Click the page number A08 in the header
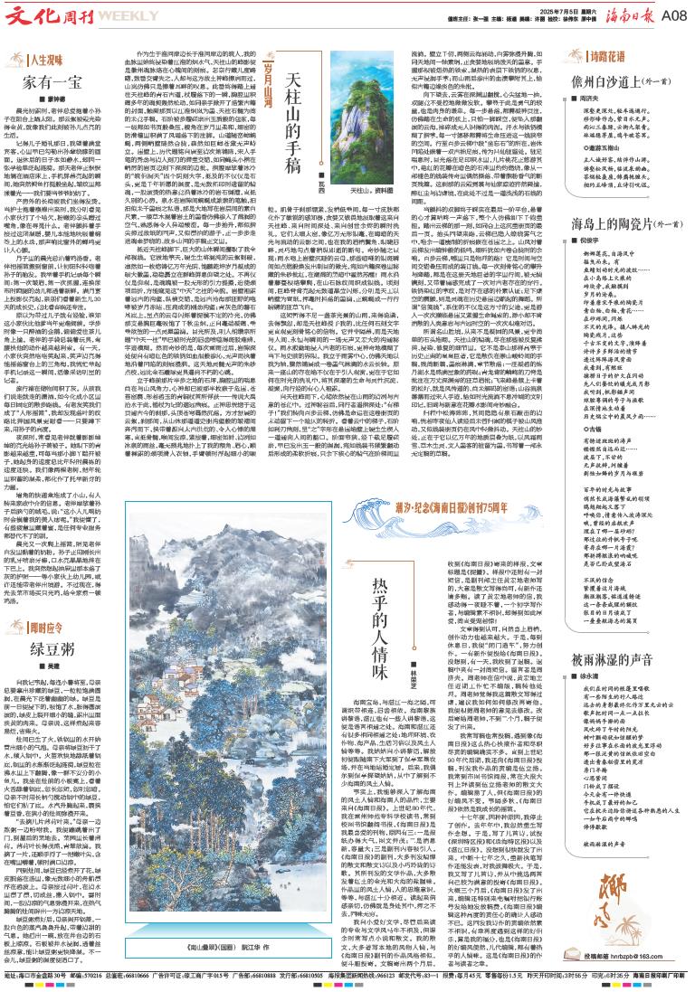point(672,16)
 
